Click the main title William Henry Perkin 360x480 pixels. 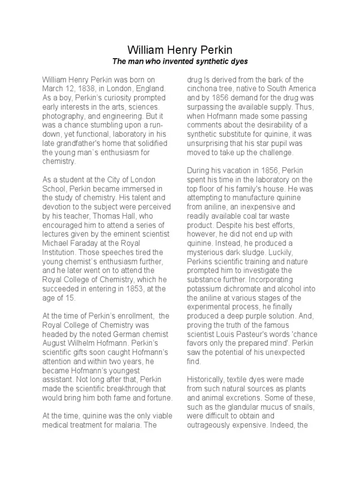pyautogui.click(x=180, y=50)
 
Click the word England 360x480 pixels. pyautogui.click(x=151, y=89)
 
